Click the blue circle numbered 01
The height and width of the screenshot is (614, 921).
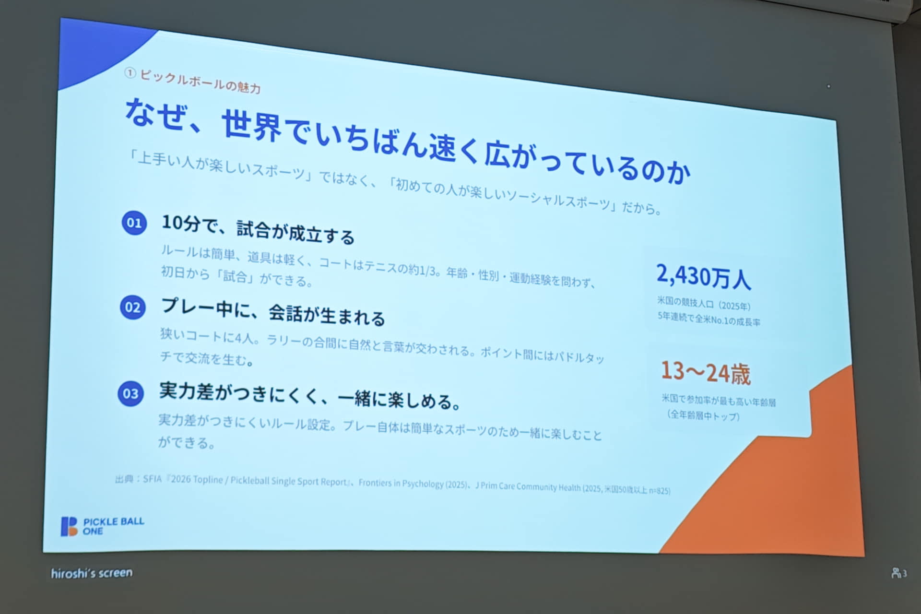134,223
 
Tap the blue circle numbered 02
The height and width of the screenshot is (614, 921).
133,307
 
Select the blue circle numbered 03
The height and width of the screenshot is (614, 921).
130,394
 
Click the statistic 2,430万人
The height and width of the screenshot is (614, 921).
703,276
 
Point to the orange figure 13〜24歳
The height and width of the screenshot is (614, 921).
706,373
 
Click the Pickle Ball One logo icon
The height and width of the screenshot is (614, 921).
69,526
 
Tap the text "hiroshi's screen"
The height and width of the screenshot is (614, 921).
92,573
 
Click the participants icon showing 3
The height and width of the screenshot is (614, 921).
898,573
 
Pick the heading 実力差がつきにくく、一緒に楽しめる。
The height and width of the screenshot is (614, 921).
310,396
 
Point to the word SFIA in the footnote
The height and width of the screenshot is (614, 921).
152,479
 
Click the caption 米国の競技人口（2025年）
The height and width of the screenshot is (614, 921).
704,304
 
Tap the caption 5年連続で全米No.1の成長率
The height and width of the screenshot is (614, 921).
708,319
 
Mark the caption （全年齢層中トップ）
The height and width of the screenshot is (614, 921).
703,415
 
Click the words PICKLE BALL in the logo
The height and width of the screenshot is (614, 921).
114,522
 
